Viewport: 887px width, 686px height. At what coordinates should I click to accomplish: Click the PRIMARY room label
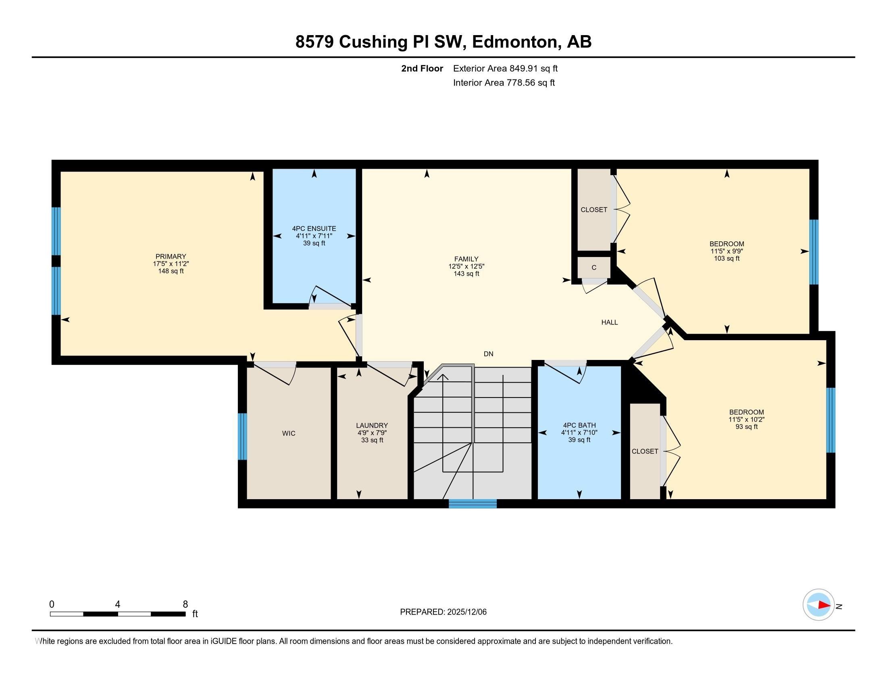click(x=171, y=256)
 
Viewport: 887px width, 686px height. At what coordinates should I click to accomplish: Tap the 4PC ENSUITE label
click(x=314, y=229)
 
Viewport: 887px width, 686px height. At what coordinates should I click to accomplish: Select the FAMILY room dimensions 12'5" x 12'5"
click(x=466, y=267)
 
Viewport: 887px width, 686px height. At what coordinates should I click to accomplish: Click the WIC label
click(x=289, y=434)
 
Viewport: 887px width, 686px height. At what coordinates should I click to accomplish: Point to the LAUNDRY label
click(x=372, y=425)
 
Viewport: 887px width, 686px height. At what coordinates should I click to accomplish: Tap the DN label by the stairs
click(x=488, y=354)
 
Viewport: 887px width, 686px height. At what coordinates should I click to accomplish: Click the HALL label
click(x=609, y=322)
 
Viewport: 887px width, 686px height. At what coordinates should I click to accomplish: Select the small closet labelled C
click(x=594, y=268)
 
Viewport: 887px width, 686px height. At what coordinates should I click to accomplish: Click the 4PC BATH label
click(x=579, y=425)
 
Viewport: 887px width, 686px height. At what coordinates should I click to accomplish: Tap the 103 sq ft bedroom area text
click(x=727, y=259)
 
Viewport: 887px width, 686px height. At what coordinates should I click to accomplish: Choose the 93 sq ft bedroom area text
click(x=746, y=427)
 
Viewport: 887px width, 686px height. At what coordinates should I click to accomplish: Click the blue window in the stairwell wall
click(x=473, y=504)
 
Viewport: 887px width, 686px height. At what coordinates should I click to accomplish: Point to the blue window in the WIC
click(x=242, y=437)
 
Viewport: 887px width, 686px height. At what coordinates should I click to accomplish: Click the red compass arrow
click(x=824, y=605)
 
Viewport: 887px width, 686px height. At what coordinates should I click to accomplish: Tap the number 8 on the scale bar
click(x=185, y=604)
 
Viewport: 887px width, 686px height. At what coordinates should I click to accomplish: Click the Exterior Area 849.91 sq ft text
click(x=505, y=69)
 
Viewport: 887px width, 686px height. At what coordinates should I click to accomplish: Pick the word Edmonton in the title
click(x=514, y=42)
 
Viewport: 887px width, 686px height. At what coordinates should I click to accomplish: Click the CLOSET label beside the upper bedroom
click(x=594, y=210)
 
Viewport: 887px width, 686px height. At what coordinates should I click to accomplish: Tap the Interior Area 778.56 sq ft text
click(x=504, y=83)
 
